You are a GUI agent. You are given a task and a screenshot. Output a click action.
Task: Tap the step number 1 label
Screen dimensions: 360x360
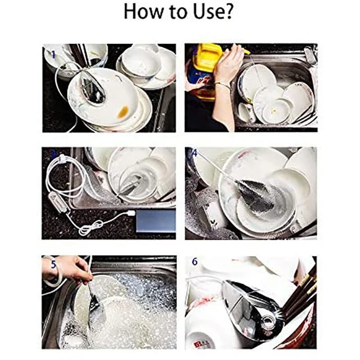tap(54, 55)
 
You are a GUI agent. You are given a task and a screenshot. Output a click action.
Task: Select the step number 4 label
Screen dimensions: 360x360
tap(194, 153)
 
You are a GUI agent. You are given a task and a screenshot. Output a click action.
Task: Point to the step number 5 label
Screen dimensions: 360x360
tap(54, 265)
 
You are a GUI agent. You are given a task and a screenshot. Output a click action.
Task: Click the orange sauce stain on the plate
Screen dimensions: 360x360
tap(123, 112)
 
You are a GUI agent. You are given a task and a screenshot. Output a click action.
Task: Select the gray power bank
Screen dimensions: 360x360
tap(156, 220)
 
